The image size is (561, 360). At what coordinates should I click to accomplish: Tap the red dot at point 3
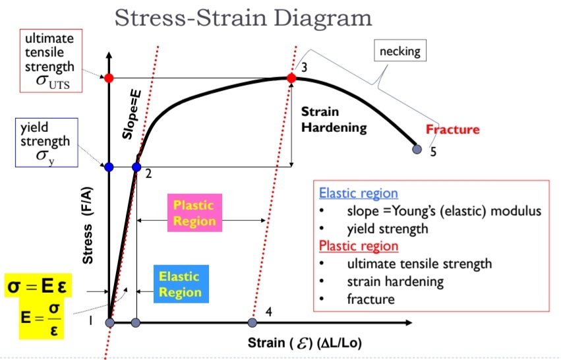[x=291, y=78]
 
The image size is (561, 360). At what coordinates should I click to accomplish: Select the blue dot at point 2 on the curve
[x=136, y=167]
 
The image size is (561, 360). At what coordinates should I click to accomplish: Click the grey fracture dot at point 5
[x=416, y=149]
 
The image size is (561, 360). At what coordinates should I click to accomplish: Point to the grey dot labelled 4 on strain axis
[x=252, y=322]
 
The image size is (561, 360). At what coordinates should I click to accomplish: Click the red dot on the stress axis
[x=109, y=78]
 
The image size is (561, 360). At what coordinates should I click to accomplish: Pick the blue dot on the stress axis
[x=109, y=167]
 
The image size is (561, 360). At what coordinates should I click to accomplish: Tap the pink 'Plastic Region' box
[x=194, y=212]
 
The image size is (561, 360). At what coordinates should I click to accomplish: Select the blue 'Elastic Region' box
[x=181, y=284]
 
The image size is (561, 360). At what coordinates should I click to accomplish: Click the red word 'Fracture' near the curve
[x=452, y=129]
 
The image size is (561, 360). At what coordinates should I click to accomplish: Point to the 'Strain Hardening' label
[x=334, y=119]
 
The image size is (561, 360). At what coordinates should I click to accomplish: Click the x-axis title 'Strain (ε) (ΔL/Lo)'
[x=305, y=343]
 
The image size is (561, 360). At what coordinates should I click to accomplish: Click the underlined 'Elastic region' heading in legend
[x=358, y=194]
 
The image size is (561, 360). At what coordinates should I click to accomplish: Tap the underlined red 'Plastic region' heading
[x=359, y=246]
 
